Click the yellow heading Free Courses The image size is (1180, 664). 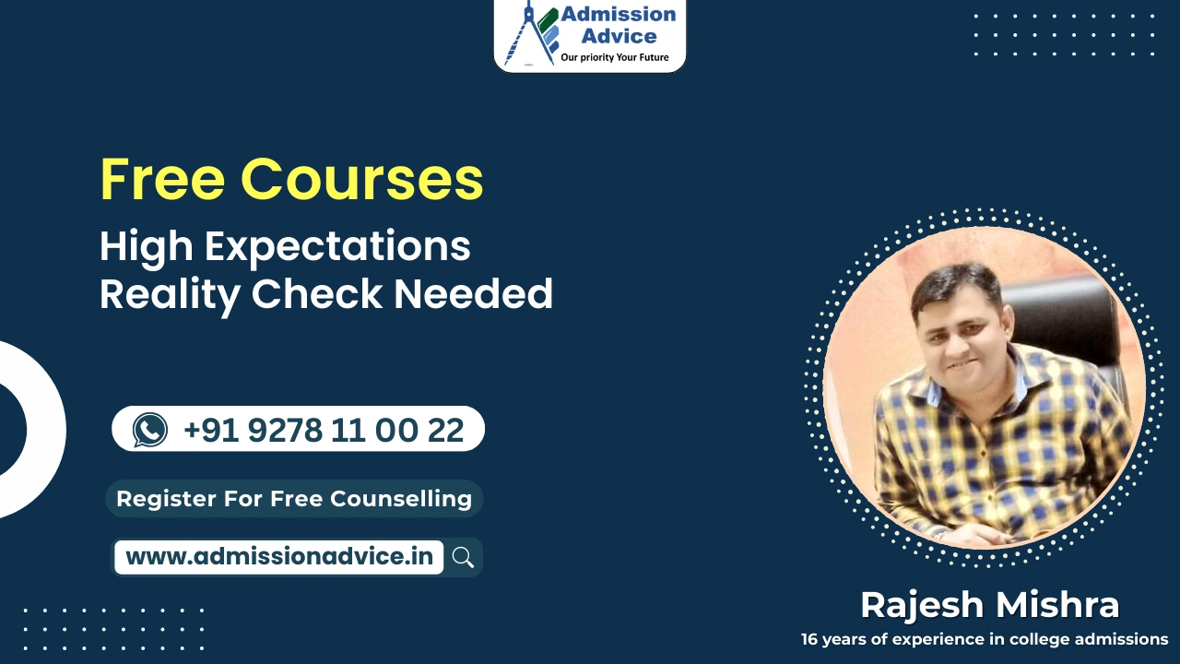291,179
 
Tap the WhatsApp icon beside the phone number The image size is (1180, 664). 150,430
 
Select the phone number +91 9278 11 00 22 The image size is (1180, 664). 324,430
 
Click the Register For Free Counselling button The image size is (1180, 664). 294,499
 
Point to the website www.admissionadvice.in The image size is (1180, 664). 278,557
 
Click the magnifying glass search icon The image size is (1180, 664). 463,557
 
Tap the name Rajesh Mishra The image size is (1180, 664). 989,605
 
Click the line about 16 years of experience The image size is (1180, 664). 984,639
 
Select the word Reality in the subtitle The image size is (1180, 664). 171,294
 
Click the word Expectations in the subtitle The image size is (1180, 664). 337,247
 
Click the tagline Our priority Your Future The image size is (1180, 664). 615,58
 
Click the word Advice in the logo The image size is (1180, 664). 619,37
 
